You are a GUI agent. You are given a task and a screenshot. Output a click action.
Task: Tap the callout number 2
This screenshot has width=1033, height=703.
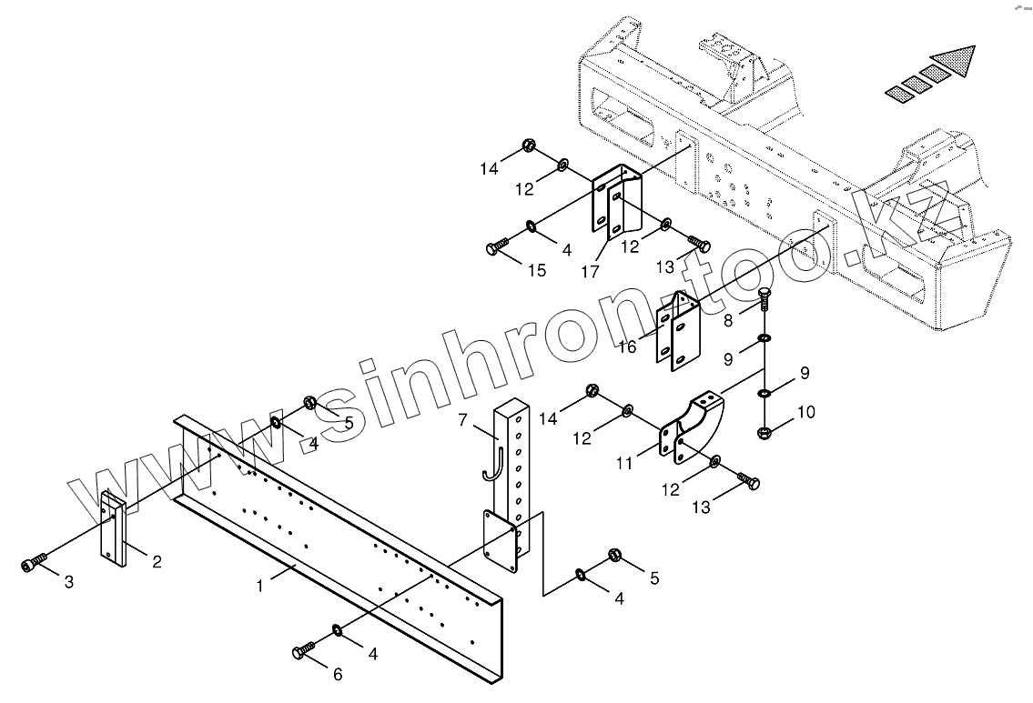157,562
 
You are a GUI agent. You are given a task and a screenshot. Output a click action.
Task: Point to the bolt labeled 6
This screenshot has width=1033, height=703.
302,651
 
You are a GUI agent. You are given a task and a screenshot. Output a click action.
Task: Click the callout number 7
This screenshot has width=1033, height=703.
462,420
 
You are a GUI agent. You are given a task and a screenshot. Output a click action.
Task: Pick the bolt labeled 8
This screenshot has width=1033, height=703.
765,296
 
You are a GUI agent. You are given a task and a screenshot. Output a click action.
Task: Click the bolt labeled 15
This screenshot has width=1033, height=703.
499,246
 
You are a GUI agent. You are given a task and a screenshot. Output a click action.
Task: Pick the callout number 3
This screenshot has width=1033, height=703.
68,583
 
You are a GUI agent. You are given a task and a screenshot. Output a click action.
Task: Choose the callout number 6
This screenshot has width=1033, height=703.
338,674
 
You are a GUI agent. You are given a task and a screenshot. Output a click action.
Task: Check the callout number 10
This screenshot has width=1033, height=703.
805,411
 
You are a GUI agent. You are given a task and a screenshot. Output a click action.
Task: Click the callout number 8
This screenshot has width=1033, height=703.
728,320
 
